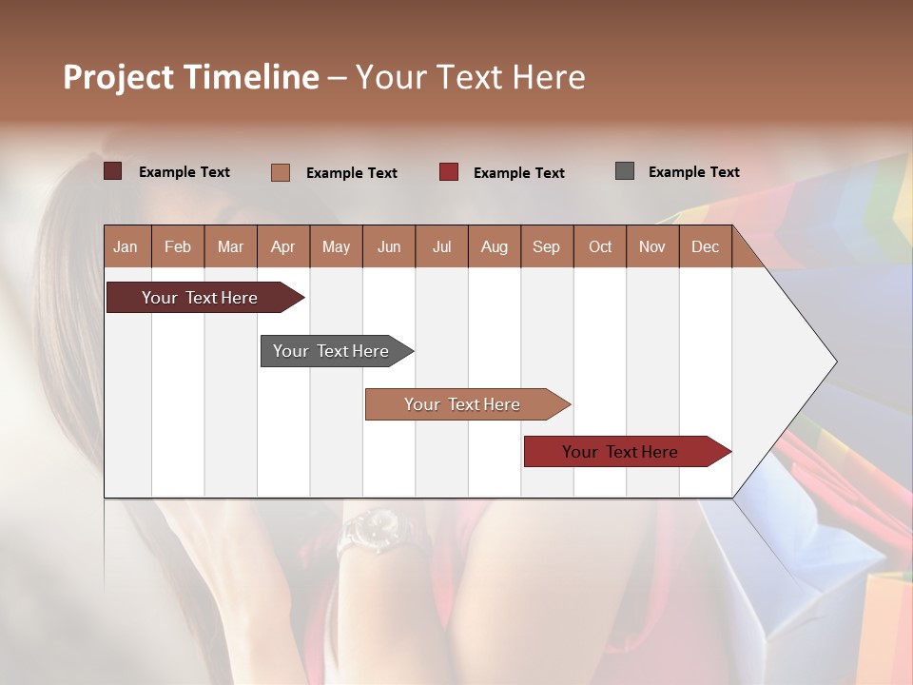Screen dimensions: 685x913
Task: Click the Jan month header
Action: coord(126,246)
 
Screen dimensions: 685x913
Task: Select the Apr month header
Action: coord(283,246)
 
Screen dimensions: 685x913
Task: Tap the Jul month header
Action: coord(441,246)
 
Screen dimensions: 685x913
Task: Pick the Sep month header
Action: coord(546,246)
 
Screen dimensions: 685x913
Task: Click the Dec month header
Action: coord(705,246)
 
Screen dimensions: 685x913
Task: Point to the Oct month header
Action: coord(599,246)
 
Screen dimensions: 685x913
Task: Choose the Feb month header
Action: coord(178,246)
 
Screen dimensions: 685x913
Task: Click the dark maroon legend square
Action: coord(112,171)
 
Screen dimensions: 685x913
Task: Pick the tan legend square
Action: coord(280,172)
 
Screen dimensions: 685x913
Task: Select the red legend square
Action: coord(448,172)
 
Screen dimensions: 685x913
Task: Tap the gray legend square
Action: coord(624,171)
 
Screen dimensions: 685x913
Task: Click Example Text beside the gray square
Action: coord(693,172)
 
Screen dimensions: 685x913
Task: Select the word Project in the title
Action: coord(119,77)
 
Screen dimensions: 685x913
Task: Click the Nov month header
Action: coord(652,246)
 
